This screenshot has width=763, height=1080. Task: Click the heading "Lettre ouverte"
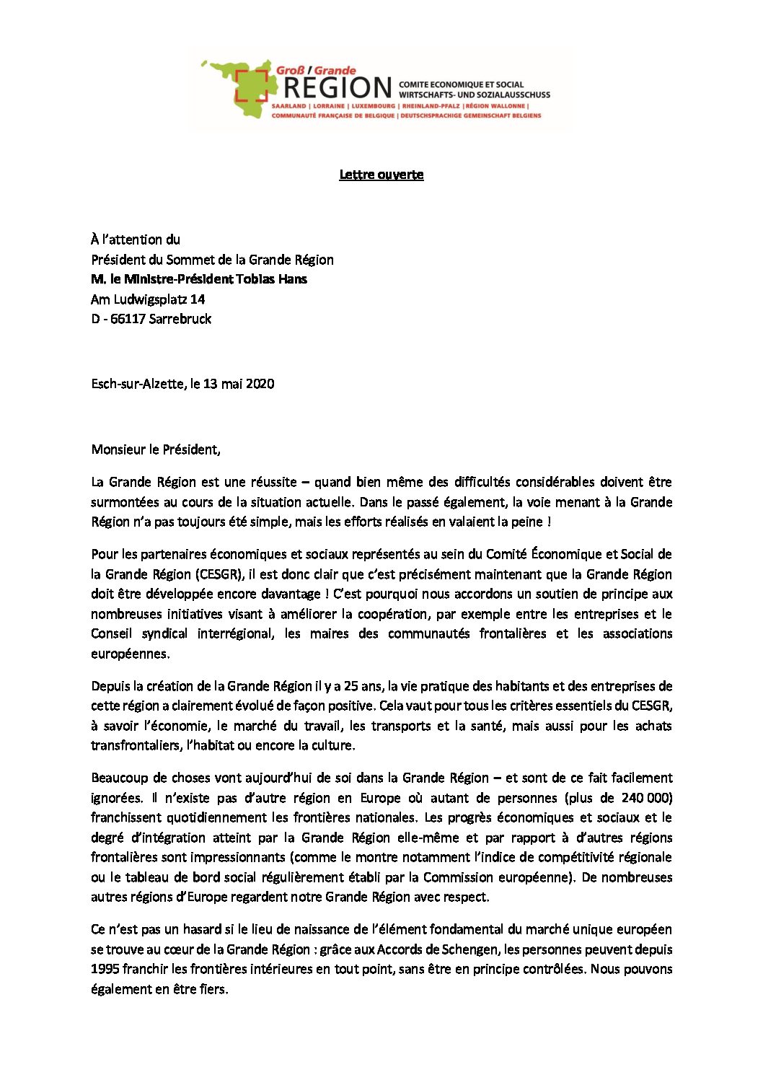tap(381, 175)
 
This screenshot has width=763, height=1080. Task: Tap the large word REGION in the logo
tap(337, 88)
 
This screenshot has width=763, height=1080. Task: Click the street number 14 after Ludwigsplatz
tap(197, 299)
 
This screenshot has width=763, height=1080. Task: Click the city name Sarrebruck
tap(180, 319)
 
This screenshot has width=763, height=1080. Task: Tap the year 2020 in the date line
tap(260, 384)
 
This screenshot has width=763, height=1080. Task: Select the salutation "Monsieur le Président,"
tap(156, 449)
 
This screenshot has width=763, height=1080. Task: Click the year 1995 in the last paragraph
tap(105, 969)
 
